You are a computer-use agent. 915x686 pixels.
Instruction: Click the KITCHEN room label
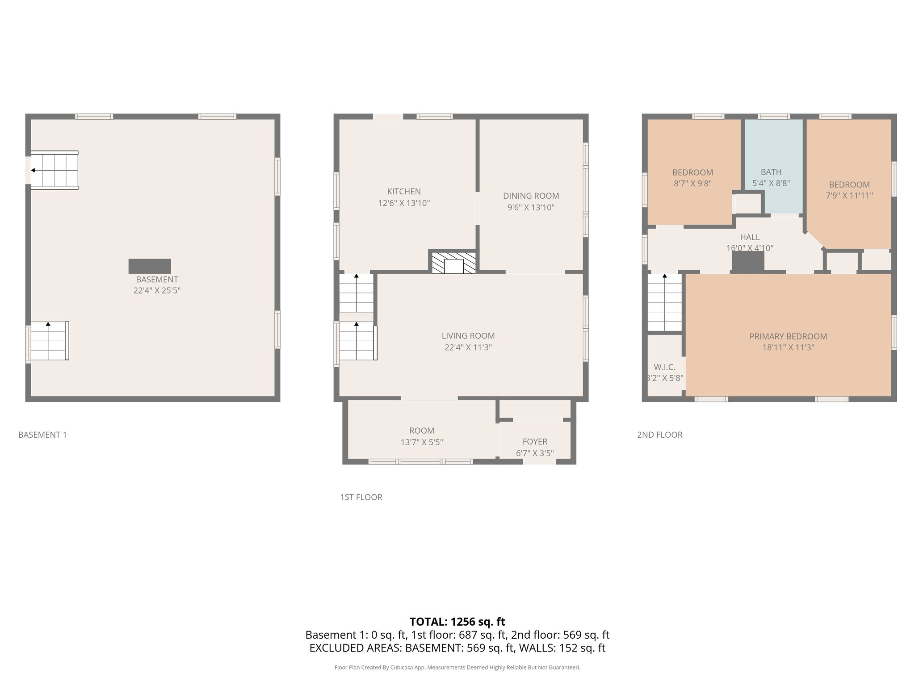(403, 192)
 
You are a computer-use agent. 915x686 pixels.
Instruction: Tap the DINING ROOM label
(531, 196)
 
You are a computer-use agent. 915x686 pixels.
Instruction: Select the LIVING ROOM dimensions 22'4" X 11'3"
(468, 347)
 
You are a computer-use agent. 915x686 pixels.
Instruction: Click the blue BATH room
(773, 156)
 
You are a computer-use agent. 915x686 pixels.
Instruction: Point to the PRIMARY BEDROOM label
(788, 337)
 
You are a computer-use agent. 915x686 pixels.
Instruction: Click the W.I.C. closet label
(664, 367)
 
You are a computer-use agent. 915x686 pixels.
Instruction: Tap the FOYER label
(535, 442)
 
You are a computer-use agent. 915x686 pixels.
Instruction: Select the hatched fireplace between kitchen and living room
(453, 263)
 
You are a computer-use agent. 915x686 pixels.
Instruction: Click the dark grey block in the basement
(150, 266)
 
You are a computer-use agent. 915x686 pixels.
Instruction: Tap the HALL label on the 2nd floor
(749, 237)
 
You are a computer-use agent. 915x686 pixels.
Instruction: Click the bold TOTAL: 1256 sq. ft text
(457, 622)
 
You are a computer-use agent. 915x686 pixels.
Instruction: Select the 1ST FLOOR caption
(361, 497)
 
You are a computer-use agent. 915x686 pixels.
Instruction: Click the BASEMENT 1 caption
(42, 435)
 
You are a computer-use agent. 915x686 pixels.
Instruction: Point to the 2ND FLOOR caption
(659, 435)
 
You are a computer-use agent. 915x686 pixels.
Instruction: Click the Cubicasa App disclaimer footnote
(457, 667)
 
